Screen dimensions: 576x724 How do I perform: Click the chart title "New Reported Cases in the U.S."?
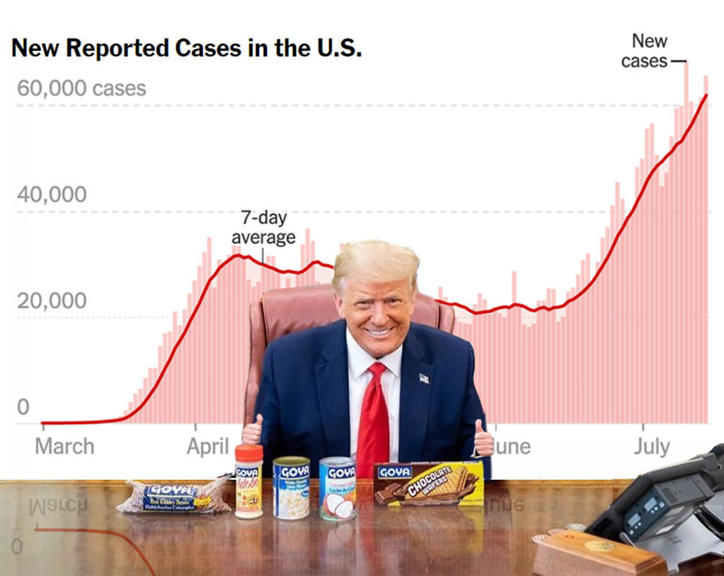point(186,49)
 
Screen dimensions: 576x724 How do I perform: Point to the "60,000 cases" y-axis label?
point(81,88)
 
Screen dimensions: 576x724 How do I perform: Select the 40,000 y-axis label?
point(51,195)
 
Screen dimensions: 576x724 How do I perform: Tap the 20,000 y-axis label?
point(51,301)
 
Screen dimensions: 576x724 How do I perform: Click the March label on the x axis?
point(64,446)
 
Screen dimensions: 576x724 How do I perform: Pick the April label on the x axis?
point(208,446)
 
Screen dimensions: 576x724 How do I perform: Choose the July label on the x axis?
point(651,446)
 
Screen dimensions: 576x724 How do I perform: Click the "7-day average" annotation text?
point(263,228)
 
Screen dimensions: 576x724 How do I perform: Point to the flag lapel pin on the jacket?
point(424,378)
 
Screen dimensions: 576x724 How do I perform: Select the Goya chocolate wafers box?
point(429,483)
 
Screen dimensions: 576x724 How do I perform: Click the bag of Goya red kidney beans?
point(173,497)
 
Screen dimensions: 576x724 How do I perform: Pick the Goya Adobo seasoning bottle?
point(248,484)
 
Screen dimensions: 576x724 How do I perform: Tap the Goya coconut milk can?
point(337,489)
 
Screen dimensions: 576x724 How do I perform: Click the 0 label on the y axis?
point(23,407)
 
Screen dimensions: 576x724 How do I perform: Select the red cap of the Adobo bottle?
point(248,452)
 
